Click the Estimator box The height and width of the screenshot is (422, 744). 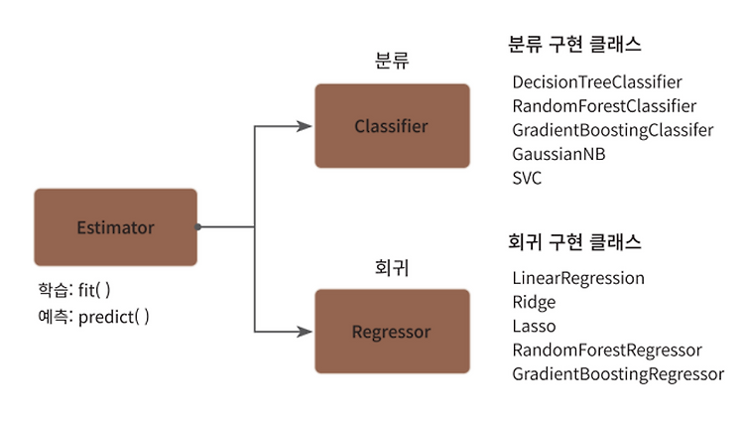pyautogui.click(x=115, y=227)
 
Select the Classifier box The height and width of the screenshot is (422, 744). pyautogui.click(x=393, y=126)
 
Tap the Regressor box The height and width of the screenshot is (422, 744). pyautogui.click(x=393, y=332)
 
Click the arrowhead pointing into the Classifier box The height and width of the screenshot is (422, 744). pyautogui.click(x=305, y=126)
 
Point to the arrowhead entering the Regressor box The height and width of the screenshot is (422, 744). pyautogui.click(x=305, y=332)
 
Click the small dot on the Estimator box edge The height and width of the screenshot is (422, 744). pyautogui.click(x=197, y=227)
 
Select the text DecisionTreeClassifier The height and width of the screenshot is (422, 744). pyautogui.click(x=597, y=82)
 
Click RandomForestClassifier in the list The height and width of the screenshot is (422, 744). pyautogui.click(x=604, y=106)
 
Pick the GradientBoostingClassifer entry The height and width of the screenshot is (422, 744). pyautogui.click(x=613, y=130)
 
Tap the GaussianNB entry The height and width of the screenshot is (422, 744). pyautogui.click(x=558, y=154)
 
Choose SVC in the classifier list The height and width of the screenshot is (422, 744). pyautogui.click(x=527, y=178)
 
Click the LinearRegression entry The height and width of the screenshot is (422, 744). pyautogui.click(x=578, y=278)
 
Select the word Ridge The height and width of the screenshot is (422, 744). pyautogui.click(x=534, y=303)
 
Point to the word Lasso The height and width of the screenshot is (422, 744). pyautogui.click(x=534, y=326)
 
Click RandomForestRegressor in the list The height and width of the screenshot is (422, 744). pyautogui.click(x=607, y=351)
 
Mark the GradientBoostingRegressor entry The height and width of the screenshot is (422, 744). pyautogui.click(x=618, y=374)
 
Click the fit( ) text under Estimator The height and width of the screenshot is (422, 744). pyautogui.click(x=94, y=290)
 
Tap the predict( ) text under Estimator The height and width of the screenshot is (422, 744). pyautogui.click(x=113, y=317)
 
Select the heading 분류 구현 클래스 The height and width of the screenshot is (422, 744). pyautogui.click(x=574, y=44)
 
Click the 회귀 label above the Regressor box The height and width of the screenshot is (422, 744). pyautogui.click(x=392, y=268)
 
